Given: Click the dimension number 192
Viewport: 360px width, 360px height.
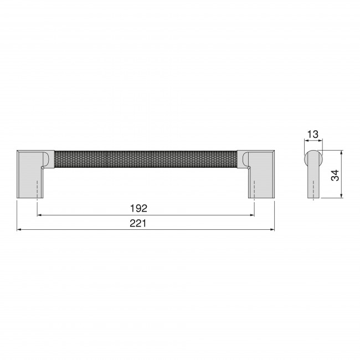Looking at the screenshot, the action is click(138, 208).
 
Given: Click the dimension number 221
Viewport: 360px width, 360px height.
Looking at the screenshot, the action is click(138, 223).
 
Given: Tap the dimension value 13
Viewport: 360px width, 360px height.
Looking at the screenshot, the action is click(313, 135).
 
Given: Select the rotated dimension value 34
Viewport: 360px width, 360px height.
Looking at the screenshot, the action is click(335, 176).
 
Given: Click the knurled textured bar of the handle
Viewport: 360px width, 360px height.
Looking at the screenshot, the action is click(146, 160).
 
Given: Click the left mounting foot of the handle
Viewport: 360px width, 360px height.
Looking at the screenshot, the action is click(30, 174).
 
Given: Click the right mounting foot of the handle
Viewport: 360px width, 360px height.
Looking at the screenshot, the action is click(261, 174).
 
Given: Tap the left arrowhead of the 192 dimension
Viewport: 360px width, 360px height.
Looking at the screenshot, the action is click(39, 215).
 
